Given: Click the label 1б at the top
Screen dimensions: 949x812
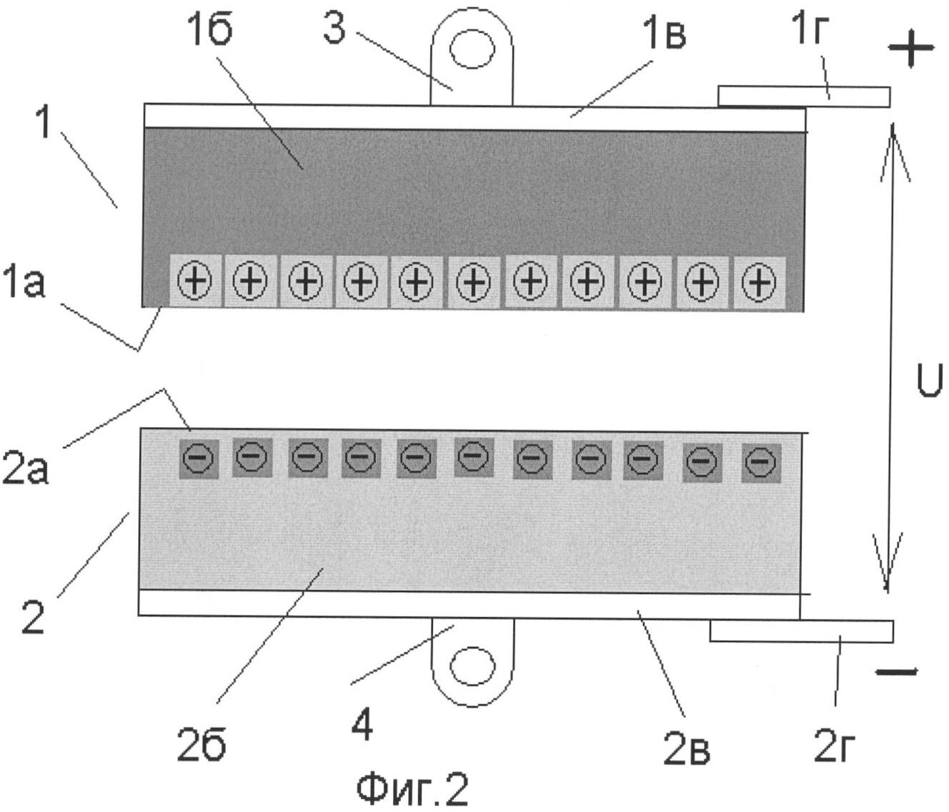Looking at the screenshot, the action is tap(212, 28).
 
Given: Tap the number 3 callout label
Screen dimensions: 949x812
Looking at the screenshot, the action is tap(334, 26).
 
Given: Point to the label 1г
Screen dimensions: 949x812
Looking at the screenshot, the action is tap(808, 28).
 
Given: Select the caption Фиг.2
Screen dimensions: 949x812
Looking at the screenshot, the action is tap(412, 789).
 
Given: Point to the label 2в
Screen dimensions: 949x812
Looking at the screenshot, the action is tap(686, 748).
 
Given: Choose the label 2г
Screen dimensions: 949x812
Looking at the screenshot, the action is tap(833, 746).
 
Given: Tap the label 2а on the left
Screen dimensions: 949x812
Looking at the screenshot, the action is tap(25, 467).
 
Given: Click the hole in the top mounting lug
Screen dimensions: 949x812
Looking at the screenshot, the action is tap(472, 48).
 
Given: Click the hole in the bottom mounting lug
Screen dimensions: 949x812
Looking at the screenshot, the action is tap(473, 665).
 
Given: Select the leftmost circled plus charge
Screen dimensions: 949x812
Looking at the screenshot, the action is tap(195, 281).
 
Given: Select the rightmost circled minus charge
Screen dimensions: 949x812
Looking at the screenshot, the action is tap(761, 463).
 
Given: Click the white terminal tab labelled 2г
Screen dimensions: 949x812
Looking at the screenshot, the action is tap(802, 631).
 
